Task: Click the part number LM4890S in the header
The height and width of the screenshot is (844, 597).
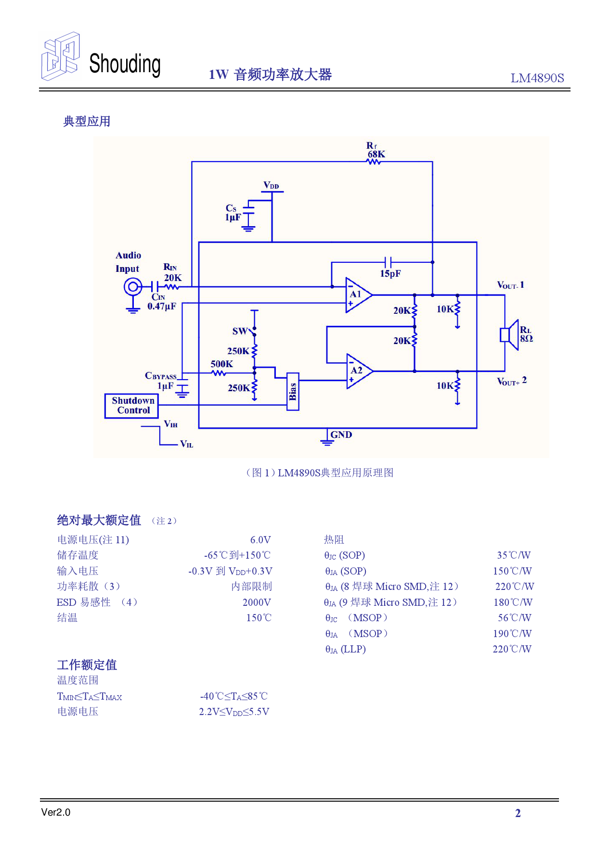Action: pos(537,78)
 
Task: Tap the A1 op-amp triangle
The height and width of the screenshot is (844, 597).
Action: pos(357,294)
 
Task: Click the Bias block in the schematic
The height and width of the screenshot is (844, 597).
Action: pos(293,391)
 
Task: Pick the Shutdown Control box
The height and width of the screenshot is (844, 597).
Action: pos(132,406)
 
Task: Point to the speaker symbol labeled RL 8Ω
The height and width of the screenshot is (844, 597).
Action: pos(509,334)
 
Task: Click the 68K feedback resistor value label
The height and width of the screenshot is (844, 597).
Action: pos(376,154)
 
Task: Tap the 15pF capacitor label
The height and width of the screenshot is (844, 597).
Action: pos(390,273)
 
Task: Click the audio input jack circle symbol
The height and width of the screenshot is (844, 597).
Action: pos(132,287)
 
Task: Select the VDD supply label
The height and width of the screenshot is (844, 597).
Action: pos(271,185)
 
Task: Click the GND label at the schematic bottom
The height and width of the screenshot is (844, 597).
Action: pos(341,435)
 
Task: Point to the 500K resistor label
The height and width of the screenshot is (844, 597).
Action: pos(221,364)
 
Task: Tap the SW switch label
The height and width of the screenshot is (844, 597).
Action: pos(239,331)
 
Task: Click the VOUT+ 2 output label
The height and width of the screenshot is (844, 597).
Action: pos(511,381)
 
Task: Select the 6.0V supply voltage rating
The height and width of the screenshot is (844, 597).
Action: pos(260,540)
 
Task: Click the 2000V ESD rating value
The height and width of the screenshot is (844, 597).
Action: pos(257,602)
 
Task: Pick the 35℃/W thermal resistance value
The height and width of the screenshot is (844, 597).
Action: pos(513,555)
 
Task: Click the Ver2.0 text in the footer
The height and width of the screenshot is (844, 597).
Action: pos(56,812)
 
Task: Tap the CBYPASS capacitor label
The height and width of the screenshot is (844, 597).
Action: pos(161,376)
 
